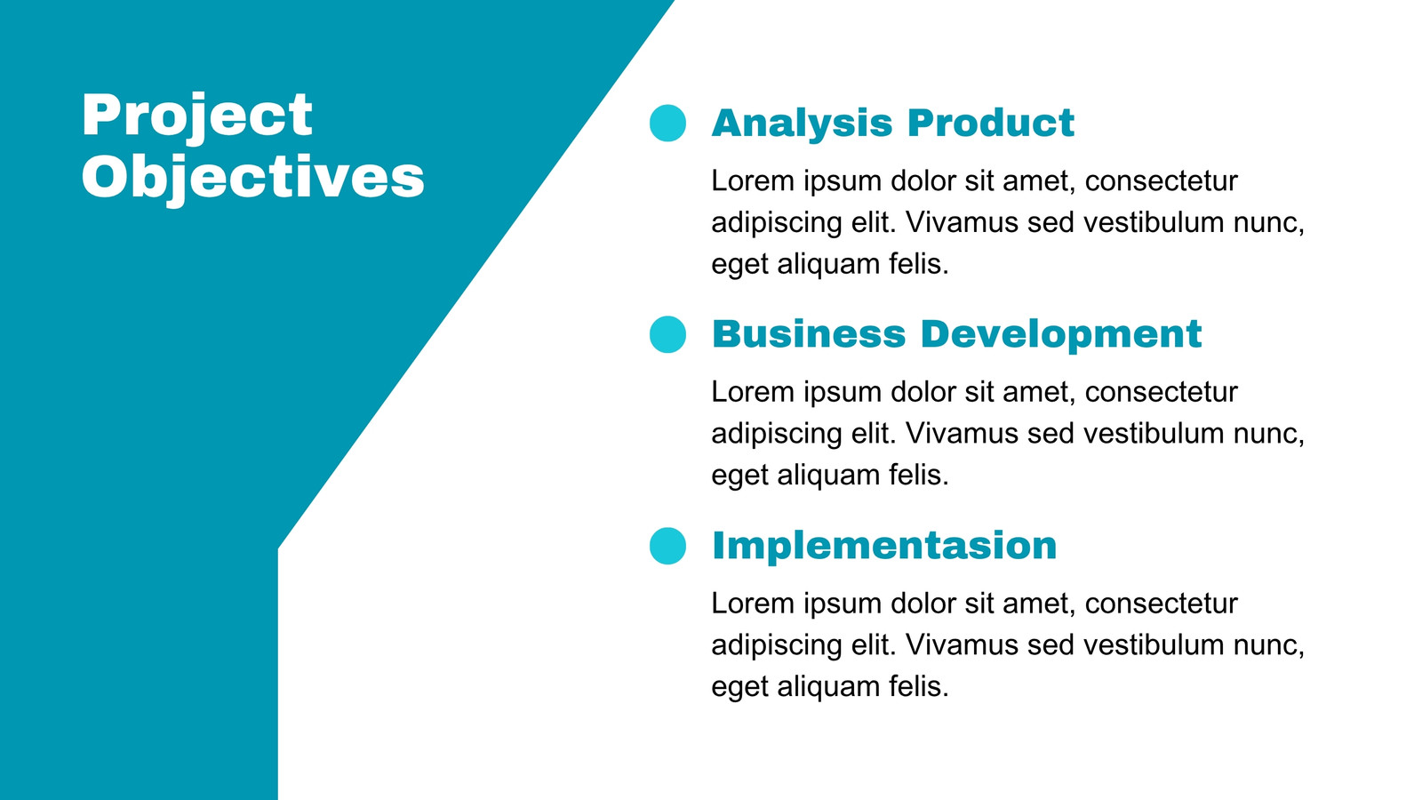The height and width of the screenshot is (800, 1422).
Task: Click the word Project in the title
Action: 196,117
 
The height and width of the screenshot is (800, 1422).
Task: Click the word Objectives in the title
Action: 252,179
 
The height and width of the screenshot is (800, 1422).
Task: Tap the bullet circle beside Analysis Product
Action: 667,123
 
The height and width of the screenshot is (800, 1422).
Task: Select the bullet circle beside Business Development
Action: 667,334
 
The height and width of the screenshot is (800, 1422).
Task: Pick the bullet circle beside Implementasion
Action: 667,546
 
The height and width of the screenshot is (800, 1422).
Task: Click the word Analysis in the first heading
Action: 802,124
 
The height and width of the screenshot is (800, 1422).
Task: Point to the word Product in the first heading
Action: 991,122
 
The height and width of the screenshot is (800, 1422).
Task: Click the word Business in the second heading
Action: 809,334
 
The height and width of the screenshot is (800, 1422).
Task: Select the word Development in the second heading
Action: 1061,335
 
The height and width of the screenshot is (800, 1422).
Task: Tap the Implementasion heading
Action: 884,546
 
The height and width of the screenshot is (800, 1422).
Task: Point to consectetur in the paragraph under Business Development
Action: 1161,392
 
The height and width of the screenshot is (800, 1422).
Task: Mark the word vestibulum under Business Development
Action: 1154,434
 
